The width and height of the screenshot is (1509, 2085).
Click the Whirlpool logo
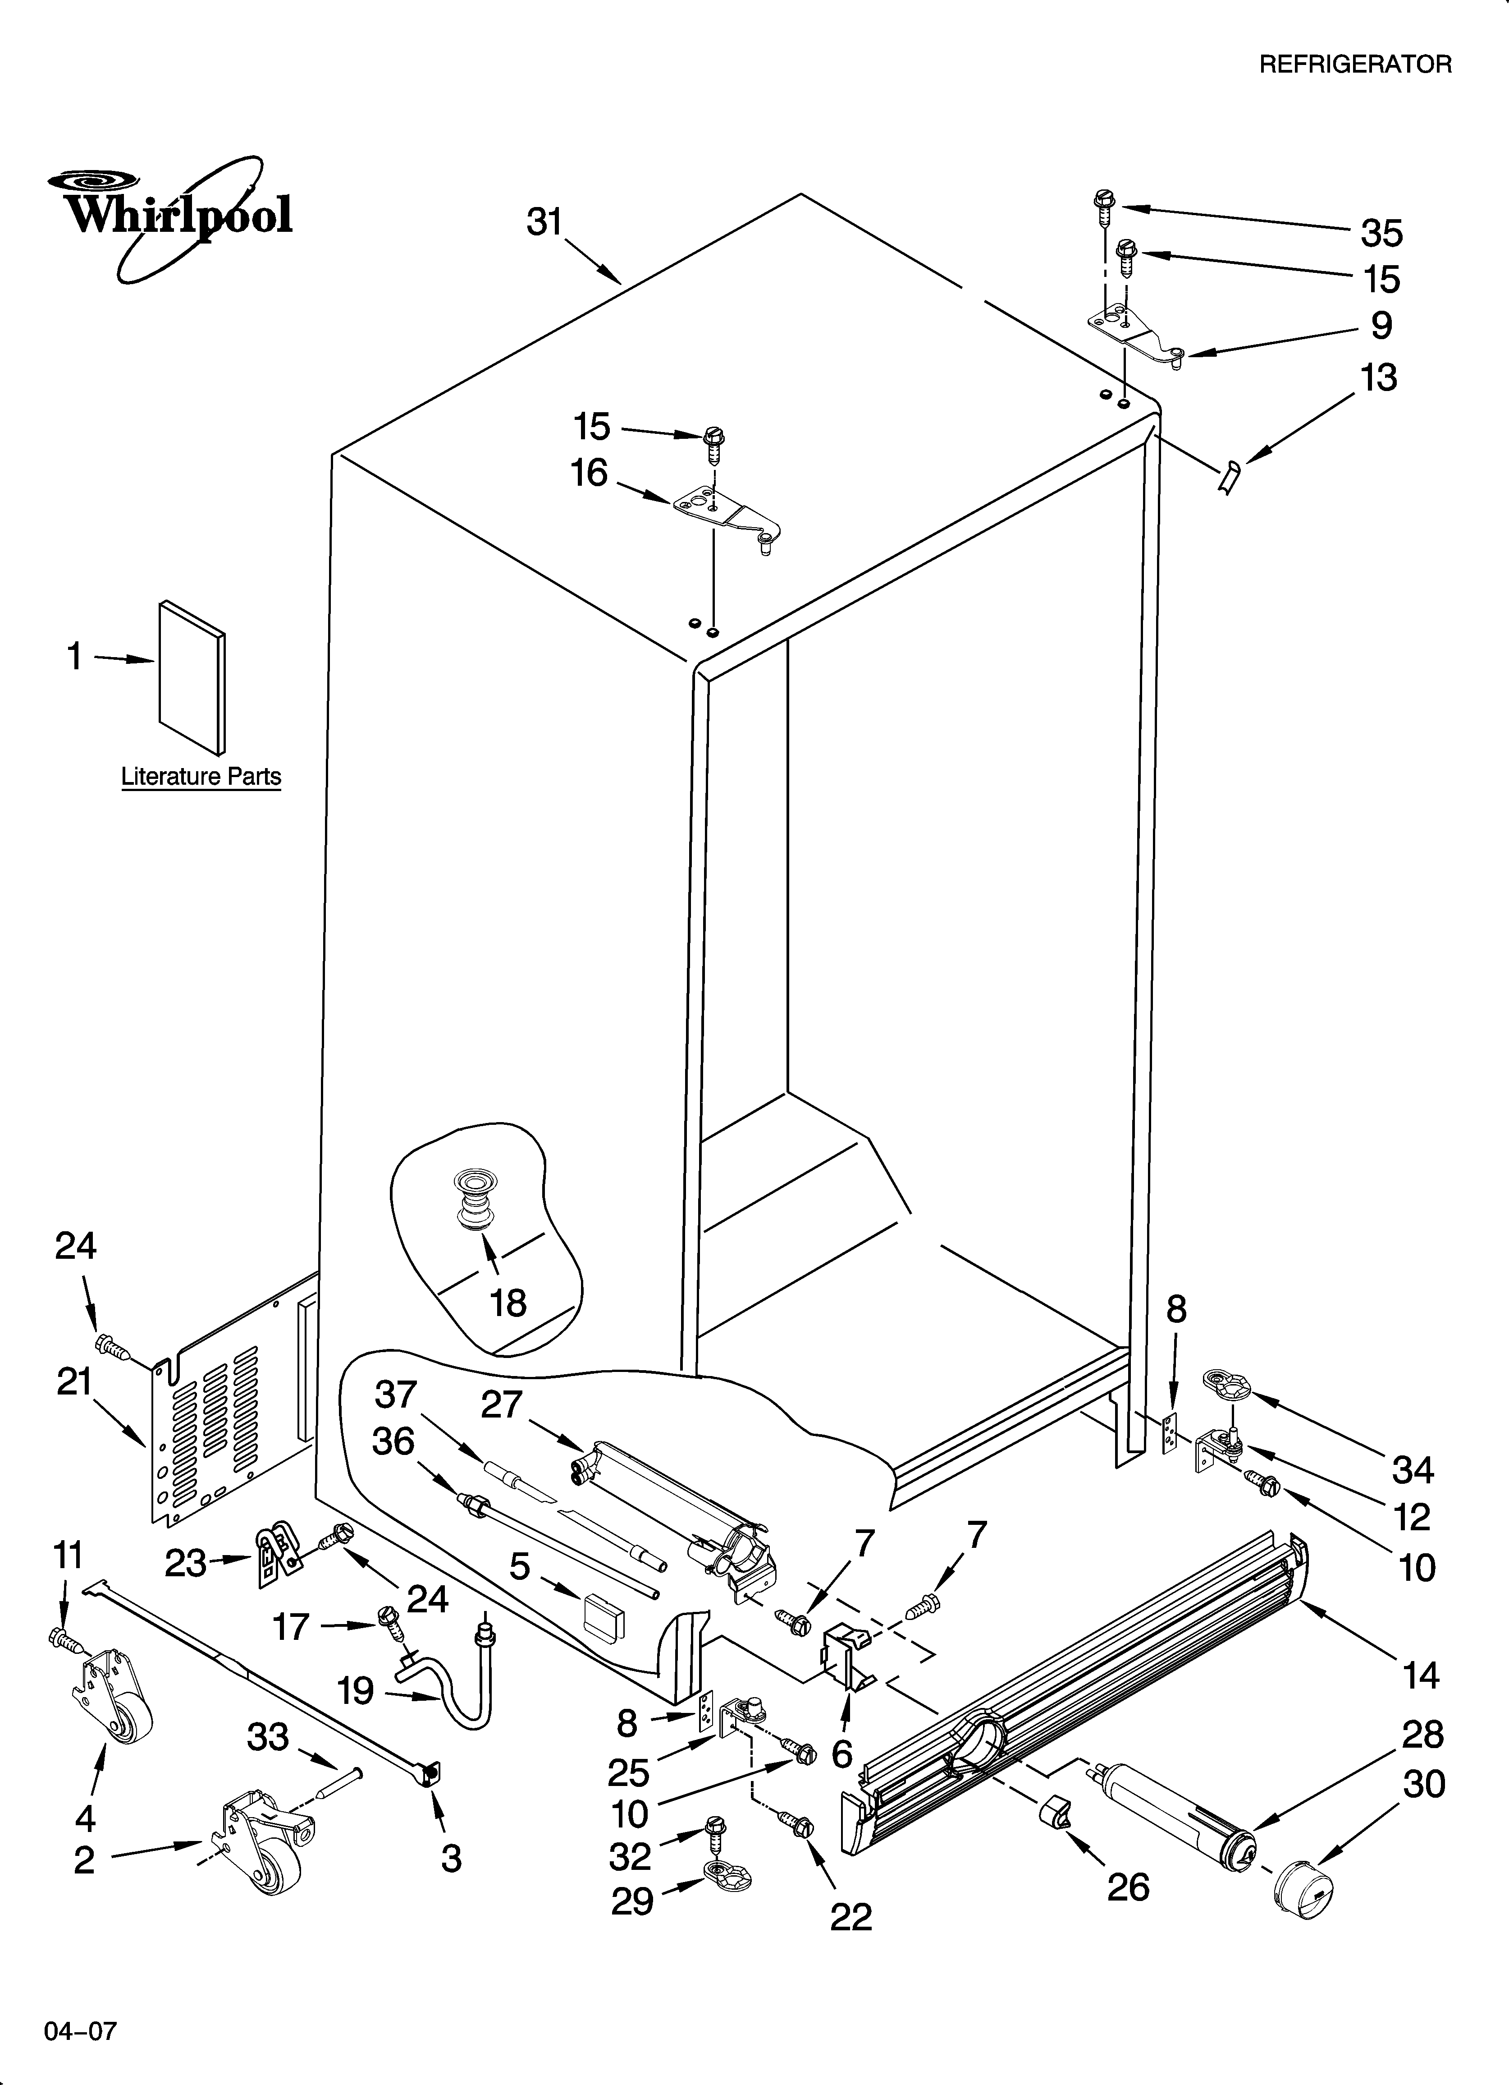[174, 216]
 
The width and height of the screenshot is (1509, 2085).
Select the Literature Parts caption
[201, 777]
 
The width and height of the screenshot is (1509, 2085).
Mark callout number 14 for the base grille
[1420, 1675]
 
